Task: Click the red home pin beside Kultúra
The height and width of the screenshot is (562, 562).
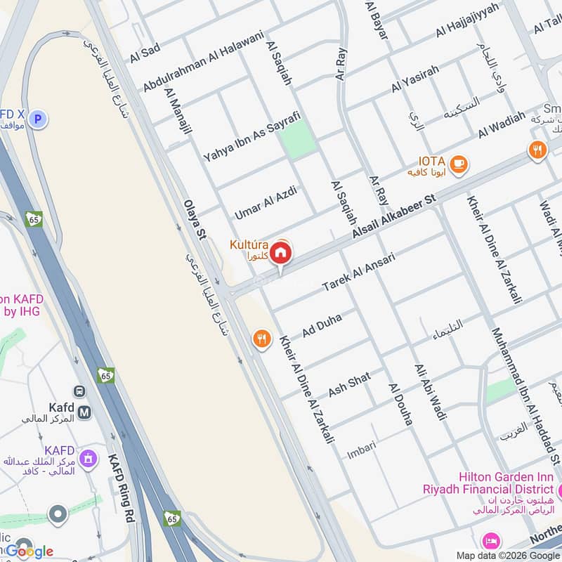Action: (280, 253)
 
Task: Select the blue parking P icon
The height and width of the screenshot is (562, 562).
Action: (39, 119)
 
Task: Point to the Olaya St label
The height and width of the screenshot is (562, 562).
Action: (195, 218)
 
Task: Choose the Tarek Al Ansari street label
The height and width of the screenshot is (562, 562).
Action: (358, 272)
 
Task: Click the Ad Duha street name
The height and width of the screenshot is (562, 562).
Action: (322, 325)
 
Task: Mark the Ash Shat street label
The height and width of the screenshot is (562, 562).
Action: (349, 384)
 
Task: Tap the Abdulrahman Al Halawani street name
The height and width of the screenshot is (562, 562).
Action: (203, 60)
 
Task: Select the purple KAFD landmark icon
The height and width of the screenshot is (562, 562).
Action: (88, 459)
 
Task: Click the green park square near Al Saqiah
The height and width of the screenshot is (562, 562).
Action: (297, 138)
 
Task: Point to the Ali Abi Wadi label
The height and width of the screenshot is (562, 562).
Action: (430, 392)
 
